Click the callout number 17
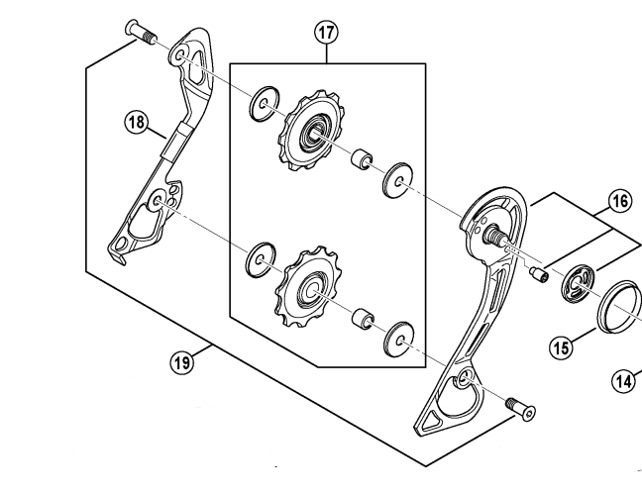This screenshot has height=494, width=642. point(326,32)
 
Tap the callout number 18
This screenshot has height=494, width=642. point(136,123)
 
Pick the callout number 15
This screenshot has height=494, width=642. point(562,346)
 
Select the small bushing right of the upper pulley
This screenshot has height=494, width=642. point(362,159)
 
